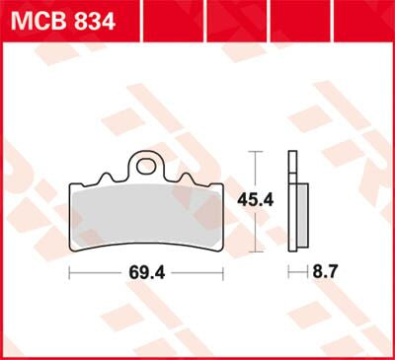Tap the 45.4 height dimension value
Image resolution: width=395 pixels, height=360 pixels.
(x=255, y=198)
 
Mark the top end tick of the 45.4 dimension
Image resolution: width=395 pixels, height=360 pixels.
(x=256, y=151)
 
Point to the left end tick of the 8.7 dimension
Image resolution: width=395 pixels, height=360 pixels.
(x=289, y=270)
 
